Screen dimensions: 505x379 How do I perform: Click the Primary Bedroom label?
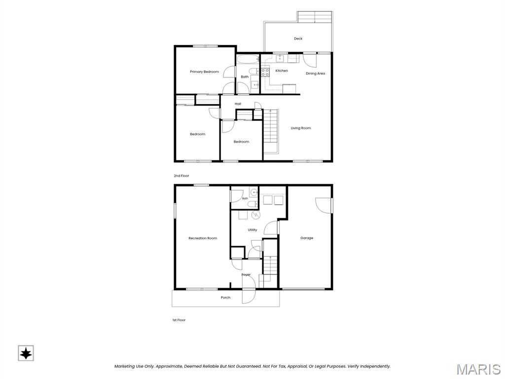point(204,72)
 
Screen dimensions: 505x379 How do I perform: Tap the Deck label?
point(298,38)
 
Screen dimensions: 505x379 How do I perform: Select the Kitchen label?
point(282,71)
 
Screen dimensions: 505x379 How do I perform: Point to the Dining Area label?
point(315,74)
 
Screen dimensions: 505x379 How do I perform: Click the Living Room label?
point(301,128)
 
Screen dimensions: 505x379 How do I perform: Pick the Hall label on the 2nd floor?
point(238,104)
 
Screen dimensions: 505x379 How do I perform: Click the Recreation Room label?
point(203,238)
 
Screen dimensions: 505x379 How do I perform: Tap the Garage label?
point(307,238)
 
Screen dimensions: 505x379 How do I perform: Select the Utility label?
point(252,230)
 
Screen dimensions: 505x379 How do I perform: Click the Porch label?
point(225,298)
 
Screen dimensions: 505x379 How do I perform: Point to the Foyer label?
point(246,274)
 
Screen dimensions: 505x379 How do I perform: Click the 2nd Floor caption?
point(181,176)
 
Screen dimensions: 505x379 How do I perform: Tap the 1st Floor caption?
point(179,320)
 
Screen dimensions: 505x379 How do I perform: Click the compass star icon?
point(26,353)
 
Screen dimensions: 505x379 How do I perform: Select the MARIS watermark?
point(478,369)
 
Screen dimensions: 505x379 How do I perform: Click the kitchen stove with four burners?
point(265,72)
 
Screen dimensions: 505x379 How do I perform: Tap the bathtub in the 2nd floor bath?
point(248,59)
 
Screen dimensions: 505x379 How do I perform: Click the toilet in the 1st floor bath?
point(253,204)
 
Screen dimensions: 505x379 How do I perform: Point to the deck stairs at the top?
point(315,17)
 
